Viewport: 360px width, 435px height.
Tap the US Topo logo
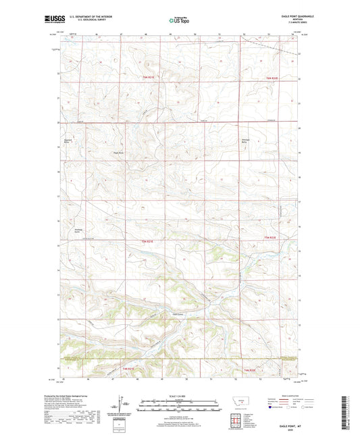click(179, 21)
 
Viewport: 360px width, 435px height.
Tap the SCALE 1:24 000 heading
click(180, 396)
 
